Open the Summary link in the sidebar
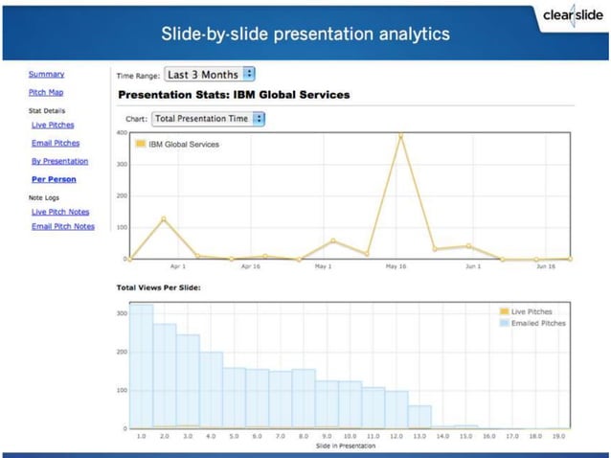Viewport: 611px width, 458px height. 46,74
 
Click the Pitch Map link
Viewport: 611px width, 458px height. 46,93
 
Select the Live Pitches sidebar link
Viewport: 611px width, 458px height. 53,126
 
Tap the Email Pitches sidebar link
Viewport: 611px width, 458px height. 55,143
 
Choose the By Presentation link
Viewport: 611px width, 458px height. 59,161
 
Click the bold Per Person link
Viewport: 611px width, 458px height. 54,179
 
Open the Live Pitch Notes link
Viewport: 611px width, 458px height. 60,212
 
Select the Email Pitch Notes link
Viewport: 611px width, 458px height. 63,227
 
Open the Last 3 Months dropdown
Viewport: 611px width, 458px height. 209,74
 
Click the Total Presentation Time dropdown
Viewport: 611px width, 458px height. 208,119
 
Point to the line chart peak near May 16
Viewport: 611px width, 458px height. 401,136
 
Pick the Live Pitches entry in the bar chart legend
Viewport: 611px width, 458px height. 532,312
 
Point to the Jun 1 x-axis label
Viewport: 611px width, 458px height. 471,266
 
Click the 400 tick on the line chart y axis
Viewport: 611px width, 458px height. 122,132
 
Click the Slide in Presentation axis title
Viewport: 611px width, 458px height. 345,446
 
